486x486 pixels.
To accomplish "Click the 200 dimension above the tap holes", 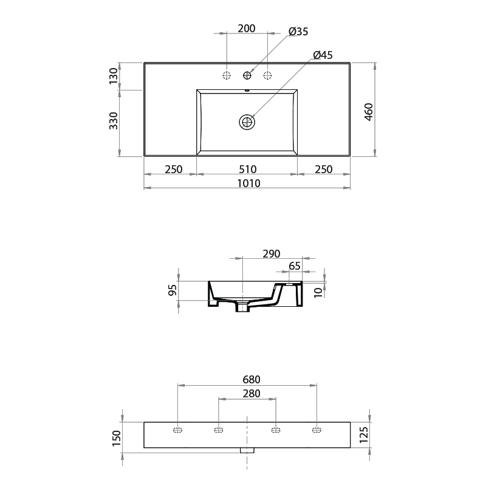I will [247, 28].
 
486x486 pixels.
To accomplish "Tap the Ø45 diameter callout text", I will [323, 55].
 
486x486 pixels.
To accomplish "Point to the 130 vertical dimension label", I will [113, 76].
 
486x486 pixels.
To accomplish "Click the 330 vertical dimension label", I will [113, 122].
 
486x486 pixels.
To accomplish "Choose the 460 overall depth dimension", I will [368, 112].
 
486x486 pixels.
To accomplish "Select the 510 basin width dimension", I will [247, 169].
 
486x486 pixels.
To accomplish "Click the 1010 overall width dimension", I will [247, 183].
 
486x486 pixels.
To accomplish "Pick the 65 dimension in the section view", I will [295, 265].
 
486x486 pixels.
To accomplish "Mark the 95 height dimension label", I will [173, 291].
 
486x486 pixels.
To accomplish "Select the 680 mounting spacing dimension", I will [246, 380].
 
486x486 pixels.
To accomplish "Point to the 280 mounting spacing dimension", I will [246, 394].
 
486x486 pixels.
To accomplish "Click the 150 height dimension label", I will [117, 436].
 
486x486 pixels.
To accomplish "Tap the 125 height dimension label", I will [364, 434].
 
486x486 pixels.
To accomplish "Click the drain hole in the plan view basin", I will [247, 122].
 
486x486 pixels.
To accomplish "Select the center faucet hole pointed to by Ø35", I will [247, 75].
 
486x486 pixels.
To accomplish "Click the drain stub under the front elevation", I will [247, 451].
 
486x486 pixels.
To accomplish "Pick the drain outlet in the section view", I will [243, 307].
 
